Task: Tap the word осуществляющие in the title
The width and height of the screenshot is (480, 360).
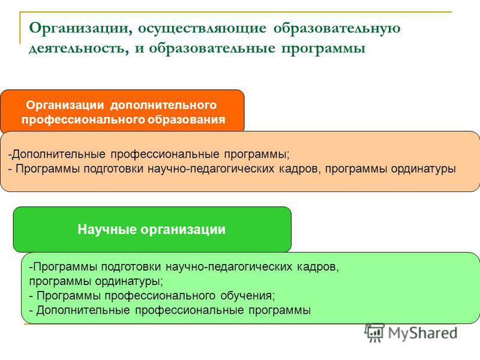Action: pos(202,28)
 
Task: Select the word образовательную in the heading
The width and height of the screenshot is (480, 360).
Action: pos(337,28)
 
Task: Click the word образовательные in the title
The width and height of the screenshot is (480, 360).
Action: pos(212,48)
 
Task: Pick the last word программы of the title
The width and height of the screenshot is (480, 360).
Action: pos(323,49)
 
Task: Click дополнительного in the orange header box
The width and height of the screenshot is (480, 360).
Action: pos(163,106)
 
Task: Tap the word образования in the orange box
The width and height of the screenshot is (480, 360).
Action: pos(186,119)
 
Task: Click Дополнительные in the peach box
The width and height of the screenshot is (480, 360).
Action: pos(58,154)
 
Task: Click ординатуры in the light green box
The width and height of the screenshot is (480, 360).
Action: pos(129,281)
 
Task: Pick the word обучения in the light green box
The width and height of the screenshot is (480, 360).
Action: pos(248,295)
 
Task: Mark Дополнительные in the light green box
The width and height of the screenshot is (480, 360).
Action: pos(83,310)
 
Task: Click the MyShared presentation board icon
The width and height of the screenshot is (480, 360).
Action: pos(374,333)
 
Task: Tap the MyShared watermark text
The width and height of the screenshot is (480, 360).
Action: pos(423,333)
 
